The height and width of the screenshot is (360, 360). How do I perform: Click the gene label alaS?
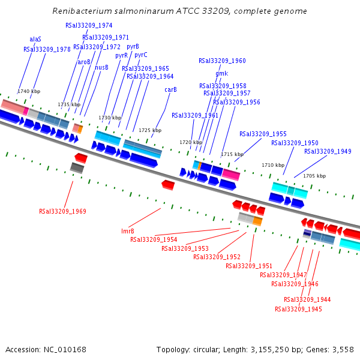[x=35, y=39]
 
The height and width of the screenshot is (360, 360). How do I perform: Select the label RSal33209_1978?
[x=47, y=49]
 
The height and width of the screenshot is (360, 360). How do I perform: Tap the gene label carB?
[x=170, y=89]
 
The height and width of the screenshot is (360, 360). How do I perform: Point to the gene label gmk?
[x=221, y=73]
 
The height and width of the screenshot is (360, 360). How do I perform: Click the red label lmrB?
[x=127, y=231]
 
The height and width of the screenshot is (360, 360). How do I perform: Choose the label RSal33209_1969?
[x=62, y=211]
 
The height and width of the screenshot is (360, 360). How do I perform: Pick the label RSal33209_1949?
[x=328, y=151]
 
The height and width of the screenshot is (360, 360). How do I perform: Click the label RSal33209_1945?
[x=298, y=309]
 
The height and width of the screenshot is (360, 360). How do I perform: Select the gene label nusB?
[x=101, y=67]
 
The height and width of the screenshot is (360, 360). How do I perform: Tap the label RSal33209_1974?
[x=89, y=25]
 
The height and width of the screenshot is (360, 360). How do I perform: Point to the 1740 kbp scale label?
[x=29, y=91]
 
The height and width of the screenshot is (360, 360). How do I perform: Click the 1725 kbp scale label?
[x=150, y=130]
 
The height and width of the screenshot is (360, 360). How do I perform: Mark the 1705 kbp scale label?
[x=314, y=176]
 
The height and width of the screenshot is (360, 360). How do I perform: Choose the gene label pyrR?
[x=121, y=55]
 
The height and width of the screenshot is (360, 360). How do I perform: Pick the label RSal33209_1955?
[x=263, y=134]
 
